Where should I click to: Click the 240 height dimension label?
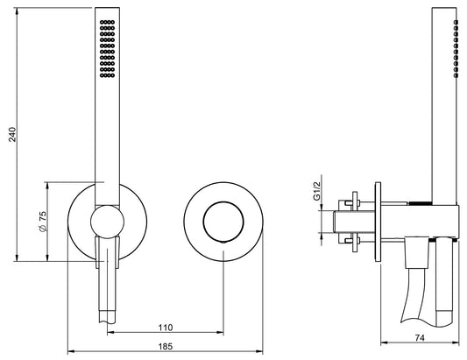point(12,134)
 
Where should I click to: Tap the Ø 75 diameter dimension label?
point(43,222)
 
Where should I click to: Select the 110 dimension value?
point(166,328)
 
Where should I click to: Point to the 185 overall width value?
point(166,347)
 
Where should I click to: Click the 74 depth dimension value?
point(420,338)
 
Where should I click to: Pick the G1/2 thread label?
point(317,191)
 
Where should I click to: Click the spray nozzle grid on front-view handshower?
point(107,49)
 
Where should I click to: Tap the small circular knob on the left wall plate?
point(107,222)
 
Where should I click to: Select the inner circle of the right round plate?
point(223,222)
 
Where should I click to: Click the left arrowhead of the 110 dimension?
point(110,332)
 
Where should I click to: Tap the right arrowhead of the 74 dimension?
point(456,342)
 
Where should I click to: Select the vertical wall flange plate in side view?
point(378,222)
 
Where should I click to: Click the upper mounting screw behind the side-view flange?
point(352,203)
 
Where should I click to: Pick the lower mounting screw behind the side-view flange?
point(352,241)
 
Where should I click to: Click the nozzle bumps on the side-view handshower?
point(456,48)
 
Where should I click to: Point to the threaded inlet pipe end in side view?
point(336,222)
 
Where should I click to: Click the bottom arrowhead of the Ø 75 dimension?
point(47,258)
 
